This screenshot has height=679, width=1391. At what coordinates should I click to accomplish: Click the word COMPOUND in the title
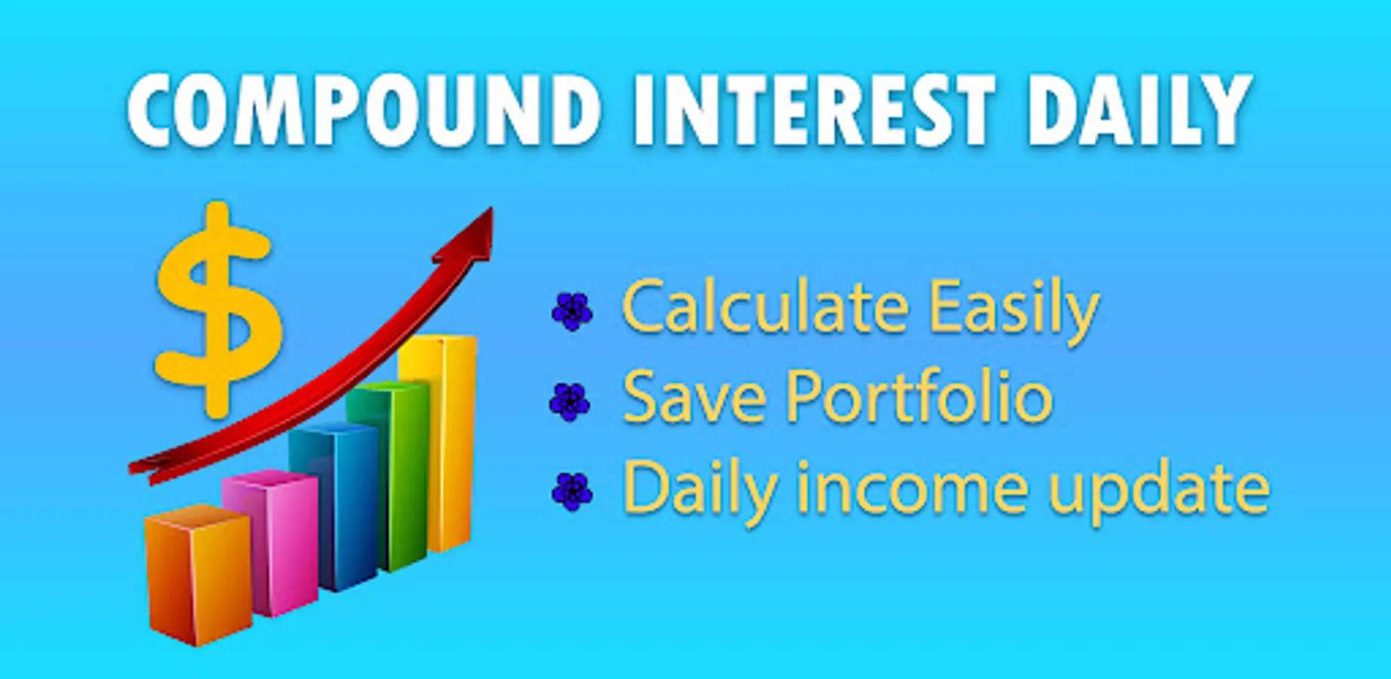point(364,110)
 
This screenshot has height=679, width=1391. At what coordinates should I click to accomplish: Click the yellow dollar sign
point(219,309)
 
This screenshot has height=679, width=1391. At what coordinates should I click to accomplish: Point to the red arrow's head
point(469,238)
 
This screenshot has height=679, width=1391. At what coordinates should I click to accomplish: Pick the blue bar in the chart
point(334,505)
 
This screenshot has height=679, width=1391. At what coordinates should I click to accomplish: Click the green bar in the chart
point(388,475)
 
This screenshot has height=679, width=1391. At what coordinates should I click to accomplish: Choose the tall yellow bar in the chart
point(439,441)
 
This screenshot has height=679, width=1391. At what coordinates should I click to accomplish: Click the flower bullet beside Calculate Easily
point(572,311)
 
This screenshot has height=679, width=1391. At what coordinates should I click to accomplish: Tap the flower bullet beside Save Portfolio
point(570,401)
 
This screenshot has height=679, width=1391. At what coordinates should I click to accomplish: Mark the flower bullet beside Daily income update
point(572,492)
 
